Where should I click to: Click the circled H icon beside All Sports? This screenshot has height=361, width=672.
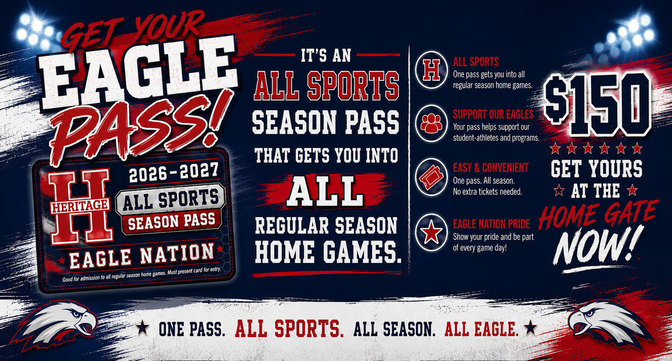(432, 70)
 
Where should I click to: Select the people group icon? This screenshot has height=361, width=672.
(432, 123)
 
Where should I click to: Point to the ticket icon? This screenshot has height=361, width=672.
(432, 177)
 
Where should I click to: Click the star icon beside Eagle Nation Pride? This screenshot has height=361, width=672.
(432, 232)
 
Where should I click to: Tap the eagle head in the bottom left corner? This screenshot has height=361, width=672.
(55, 324)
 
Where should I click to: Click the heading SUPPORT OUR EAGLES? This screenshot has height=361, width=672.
(493, 114)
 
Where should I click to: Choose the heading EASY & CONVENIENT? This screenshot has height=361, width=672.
(491, 168)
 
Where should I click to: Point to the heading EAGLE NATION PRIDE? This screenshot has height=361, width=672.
(492, 224)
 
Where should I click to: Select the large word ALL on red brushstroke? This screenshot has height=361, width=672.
(325, 191)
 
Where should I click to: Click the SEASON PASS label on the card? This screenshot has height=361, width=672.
(172, 221)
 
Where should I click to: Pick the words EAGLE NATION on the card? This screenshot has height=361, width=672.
(142, 256)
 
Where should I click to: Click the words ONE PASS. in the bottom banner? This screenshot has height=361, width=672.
(192, 329)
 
